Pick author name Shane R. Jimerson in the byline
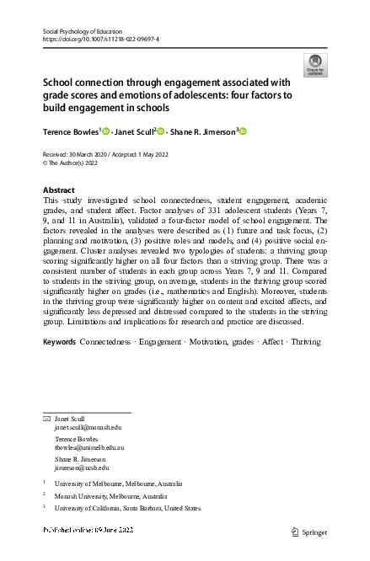203,131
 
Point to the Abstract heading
58,190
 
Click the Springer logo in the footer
308,532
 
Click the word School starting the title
61,83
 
